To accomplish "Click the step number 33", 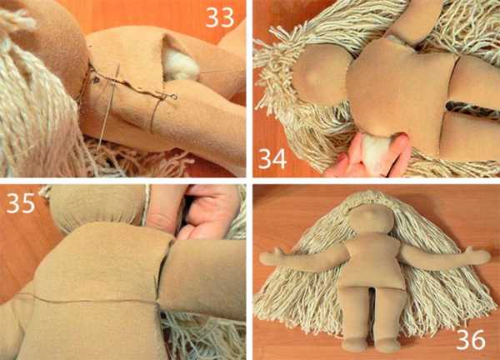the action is click(x=220, y=17).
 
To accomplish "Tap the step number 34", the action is click(x=272, y=158).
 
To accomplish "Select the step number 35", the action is click(x=20, y=203).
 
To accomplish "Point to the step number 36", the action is click(x=471, y=340).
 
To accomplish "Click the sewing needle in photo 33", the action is click(x=108, y=105).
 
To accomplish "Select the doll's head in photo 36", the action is click(x=372, y=219).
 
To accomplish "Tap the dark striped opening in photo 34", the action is click(x=472, y=110).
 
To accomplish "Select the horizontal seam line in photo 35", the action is click(x=92, y=299).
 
